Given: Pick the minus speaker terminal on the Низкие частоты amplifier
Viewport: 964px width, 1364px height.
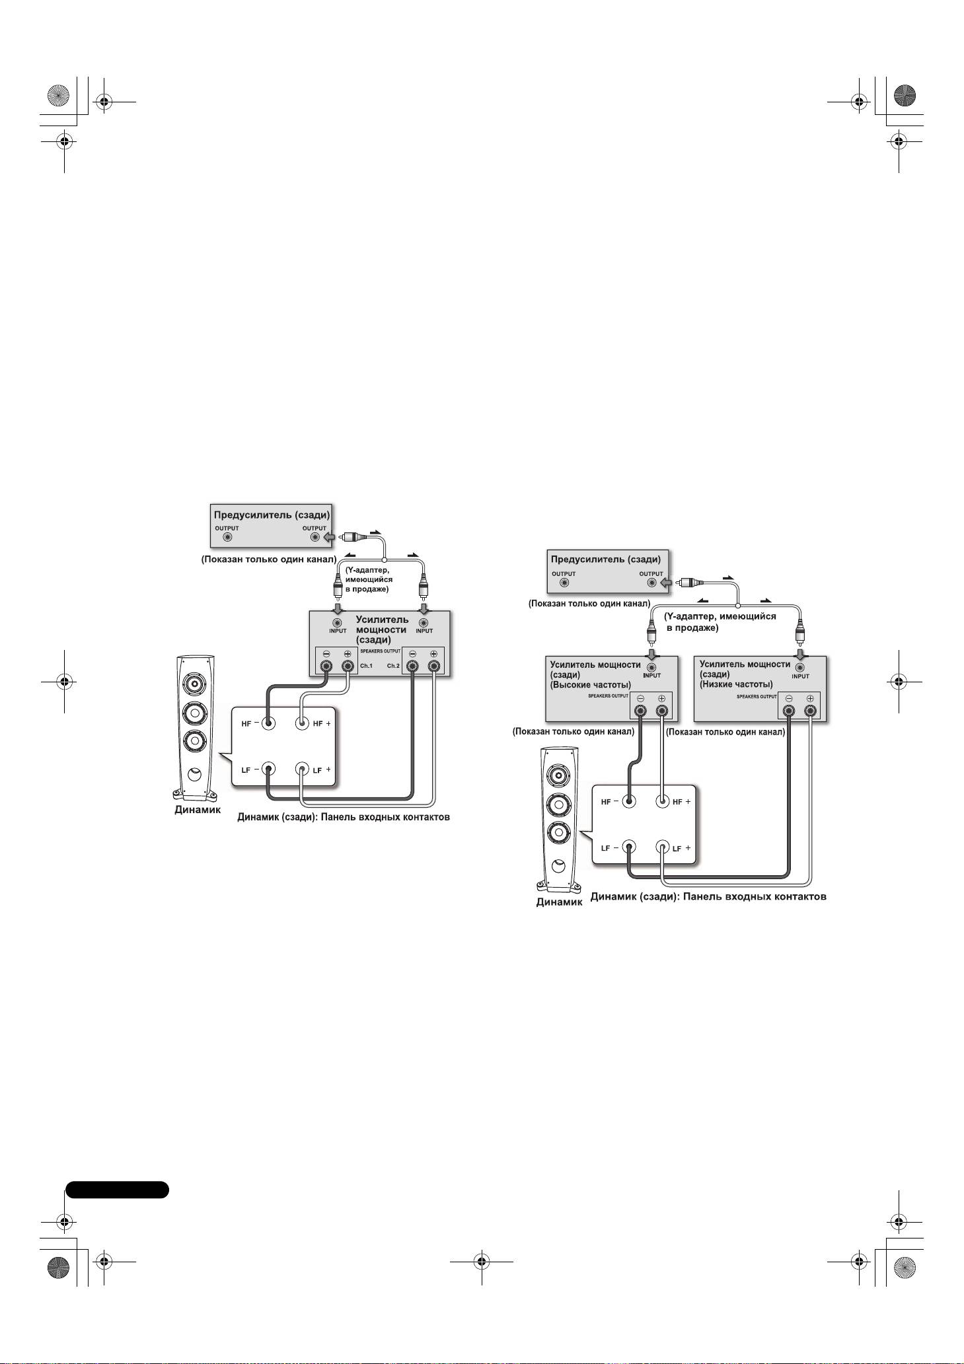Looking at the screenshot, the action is click(x=789, y=711).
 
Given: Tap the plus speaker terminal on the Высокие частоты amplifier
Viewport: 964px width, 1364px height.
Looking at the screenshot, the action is click(x=661, y=711).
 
